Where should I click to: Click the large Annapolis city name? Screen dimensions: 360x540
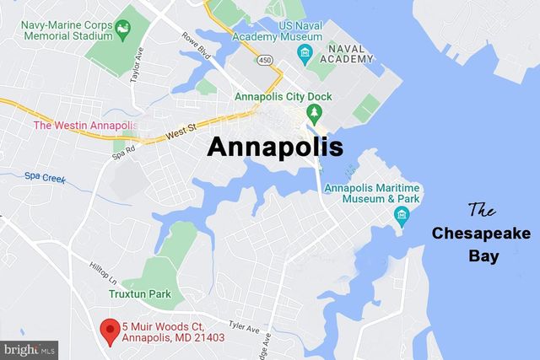276,147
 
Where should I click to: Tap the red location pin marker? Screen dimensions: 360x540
109,330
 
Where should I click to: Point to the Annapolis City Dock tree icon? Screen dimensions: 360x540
314,112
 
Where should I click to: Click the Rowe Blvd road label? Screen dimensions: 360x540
194,47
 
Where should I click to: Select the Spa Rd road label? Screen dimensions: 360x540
123,156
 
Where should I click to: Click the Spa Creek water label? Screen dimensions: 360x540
44,177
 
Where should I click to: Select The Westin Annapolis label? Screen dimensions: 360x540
84,126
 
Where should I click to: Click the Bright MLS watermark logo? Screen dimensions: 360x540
29,347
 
